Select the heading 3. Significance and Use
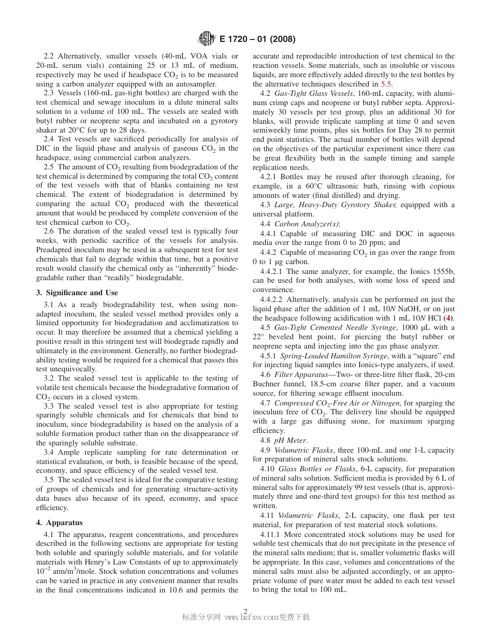[x=77, y=293]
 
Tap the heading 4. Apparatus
[x=59, y=523]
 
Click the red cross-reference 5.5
[x=386, y=84]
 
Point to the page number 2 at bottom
[x=245, y=611]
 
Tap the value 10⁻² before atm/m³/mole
[x=44, y=571]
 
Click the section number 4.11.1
[x=270, y=534]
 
